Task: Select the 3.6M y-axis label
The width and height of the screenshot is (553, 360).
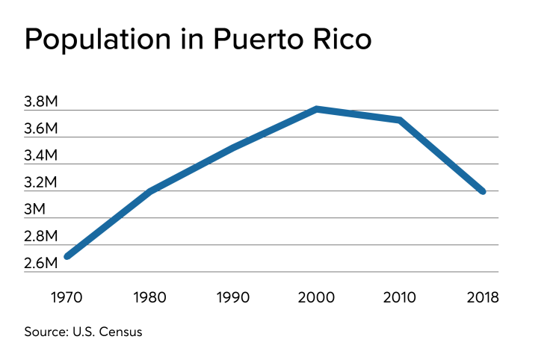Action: pos(40,129)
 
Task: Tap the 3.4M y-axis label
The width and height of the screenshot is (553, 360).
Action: pos(40,156)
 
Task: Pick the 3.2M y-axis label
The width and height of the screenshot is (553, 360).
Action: pos(40,183)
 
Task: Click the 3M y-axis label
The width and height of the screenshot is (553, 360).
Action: pos(34,210)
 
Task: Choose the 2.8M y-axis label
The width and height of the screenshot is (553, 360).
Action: pos(40,237)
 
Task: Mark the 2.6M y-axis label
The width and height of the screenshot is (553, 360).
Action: pos(40,264)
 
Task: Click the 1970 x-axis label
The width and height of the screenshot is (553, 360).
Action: pos(68,297)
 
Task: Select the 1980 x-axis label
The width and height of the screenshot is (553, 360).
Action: pos(151,297)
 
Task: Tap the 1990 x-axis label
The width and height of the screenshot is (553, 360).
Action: pos(234,297)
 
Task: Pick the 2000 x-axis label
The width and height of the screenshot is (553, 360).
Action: pos(317,297)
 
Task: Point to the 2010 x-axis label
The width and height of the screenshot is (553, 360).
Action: pos(400,297)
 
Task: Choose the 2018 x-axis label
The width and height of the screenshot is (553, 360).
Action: pos(483,297)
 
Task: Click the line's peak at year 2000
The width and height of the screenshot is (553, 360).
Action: pos(317,109)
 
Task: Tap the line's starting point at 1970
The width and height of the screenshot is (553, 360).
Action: pos(68,256)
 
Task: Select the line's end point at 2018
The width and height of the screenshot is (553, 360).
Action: pos(483,191)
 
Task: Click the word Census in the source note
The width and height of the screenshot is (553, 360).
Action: pos(120,332)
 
